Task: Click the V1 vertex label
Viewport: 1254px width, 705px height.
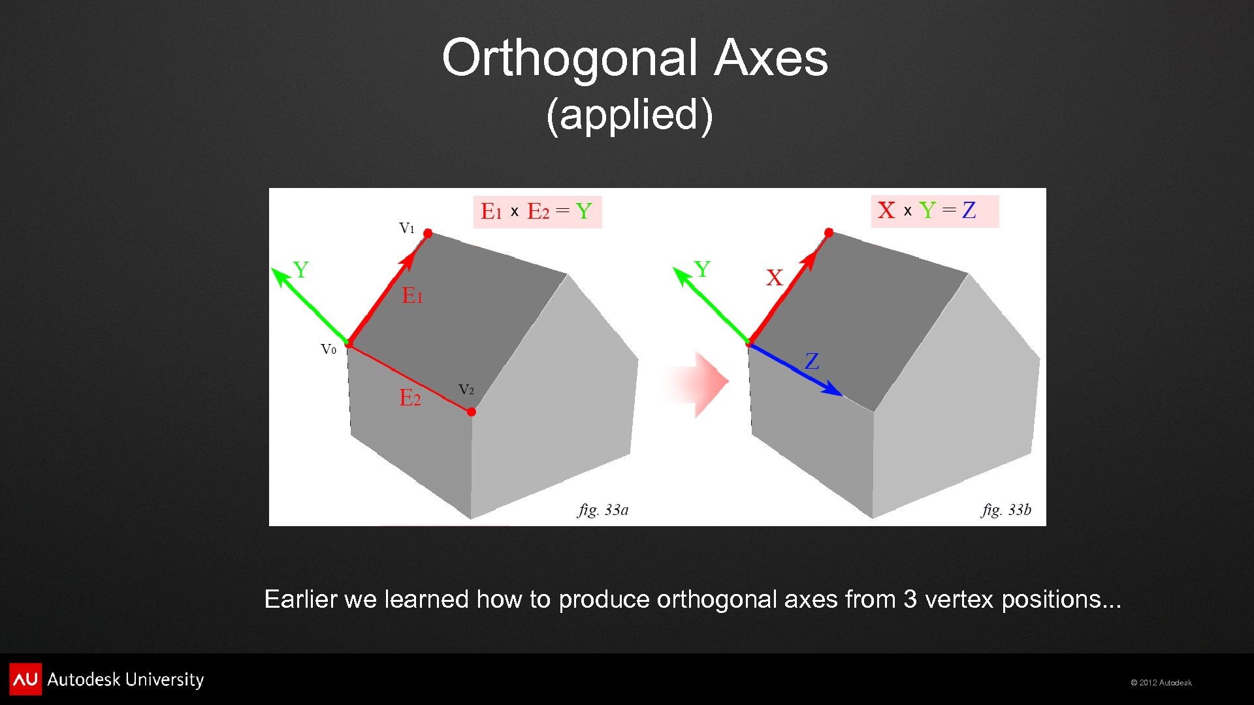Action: point(406,228)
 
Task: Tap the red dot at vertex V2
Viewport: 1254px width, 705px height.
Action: point(472,412)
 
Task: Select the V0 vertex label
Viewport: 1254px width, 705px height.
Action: point(329,349)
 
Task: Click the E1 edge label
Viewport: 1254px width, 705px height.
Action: point(412,296)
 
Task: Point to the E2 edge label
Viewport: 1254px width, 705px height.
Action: point(410,398)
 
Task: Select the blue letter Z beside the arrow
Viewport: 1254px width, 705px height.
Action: point(812,361)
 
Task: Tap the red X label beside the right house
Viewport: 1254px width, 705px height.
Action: point(775,278)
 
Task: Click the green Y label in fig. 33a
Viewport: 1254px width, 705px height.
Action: point(300,270)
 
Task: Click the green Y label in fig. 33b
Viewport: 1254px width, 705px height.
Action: point(702,269)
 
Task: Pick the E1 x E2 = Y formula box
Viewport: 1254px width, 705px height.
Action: point(537,211)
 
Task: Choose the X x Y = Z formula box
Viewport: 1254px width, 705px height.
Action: point(934,211)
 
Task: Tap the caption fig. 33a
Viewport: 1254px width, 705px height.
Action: point(603,510)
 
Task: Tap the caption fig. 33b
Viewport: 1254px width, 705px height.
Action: point(1006,510)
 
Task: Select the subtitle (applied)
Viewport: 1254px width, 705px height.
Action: point(629,115)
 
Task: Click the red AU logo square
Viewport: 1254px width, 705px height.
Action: point(25,679)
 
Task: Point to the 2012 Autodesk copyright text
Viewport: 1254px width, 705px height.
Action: point(1161,683)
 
